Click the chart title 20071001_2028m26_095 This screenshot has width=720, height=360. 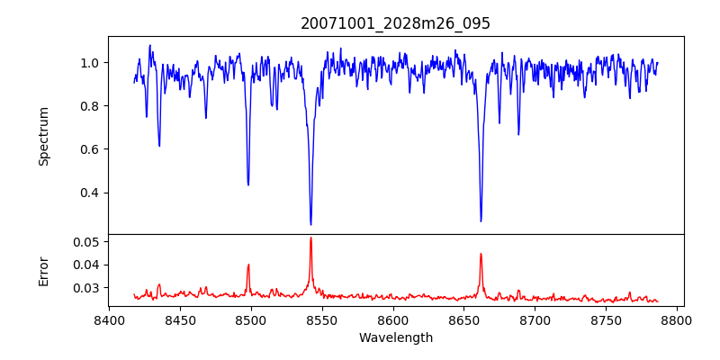(x=395, y=24)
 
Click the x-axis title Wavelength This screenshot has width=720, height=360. (x=395, y=338)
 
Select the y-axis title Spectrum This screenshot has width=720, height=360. (x=44, y=136)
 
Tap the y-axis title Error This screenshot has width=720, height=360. (x=44, y=270)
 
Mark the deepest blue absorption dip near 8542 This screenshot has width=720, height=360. (x=310, y=224)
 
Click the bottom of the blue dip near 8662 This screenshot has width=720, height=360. (x=481, y=220)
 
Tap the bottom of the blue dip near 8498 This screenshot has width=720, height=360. (x=248, y=184)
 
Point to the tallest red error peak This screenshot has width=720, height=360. (x=310, y=238)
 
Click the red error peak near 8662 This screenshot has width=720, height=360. (x=481, y=254)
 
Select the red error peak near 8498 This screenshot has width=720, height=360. (x=248, y=265)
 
